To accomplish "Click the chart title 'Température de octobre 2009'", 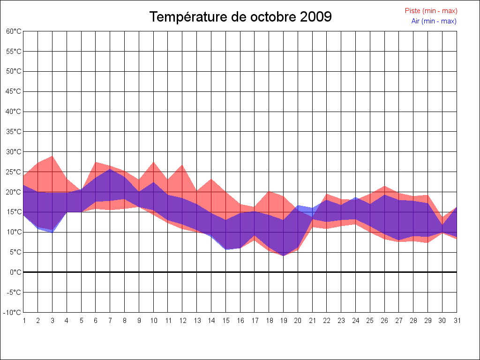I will point(240,17).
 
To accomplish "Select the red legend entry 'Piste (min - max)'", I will point(431,11).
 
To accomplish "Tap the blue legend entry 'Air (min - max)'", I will point(434,21).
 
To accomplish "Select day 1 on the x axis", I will point(23,321).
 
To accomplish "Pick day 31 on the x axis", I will point(457,321).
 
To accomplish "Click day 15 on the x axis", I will point(225,321).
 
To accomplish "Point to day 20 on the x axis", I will point(298,321).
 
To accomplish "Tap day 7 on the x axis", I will point(110,321).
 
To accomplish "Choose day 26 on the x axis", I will point(384,321).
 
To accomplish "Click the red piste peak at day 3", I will point(52,156).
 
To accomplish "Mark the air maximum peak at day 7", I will point(110,169).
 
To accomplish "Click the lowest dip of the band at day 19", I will point(283,255).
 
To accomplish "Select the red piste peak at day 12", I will point(182,165).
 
